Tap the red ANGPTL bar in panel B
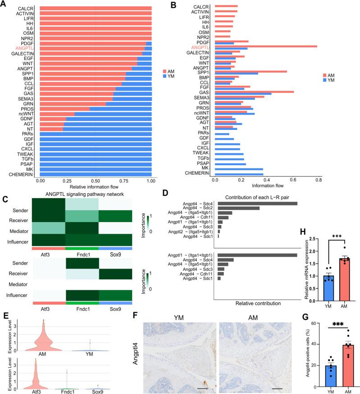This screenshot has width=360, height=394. coord(266,46)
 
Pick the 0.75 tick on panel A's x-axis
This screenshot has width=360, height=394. coord(124,180)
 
